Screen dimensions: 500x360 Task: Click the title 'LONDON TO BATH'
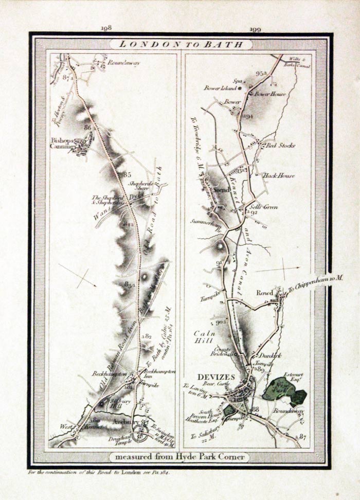tap(181, 44)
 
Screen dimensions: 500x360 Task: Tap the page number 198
tap(107, 29)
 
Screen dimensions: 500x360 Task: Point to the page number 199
tap(256, 29)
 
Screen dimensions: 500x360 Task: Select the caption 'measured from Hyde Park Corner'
tap(179, 457)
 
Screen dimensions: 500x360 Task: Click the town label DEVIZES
tap(216, 377)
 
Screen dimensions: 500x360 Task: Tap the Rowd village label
tap(265, 293)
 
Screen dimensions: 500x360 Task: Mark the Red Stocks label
tap(280, 146)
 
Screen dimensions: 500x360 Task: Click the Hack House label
tap(279, 175)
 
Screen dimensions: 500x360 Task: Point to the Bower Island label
tap(220, 88)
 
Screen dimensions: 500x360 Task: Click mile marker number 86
tap(87, 127)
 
